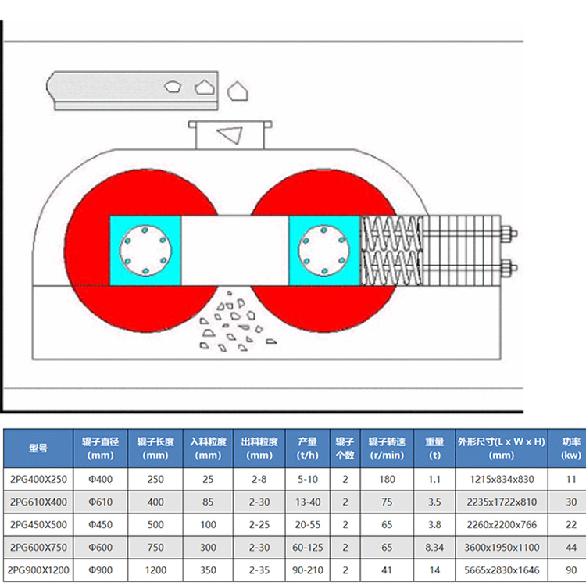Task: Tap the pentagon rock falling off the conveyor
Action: click(x=238, y=91)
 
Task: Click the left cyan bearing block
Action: click(x=145, y=251)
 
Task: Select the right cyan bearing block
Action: click(x=324, y=251)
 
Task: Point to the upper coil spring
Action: click(x=392, y=233)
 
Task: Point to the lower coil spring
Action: click(x=392, y=267)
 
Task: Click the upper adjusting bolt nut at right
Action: click(x=508, y=234)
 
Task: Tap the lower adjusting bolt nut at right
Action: click(x=508, y=268)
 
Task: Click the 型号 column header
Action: click(x=38, y=448)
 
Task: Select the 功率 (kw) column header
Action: click(x=570, y=448)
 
